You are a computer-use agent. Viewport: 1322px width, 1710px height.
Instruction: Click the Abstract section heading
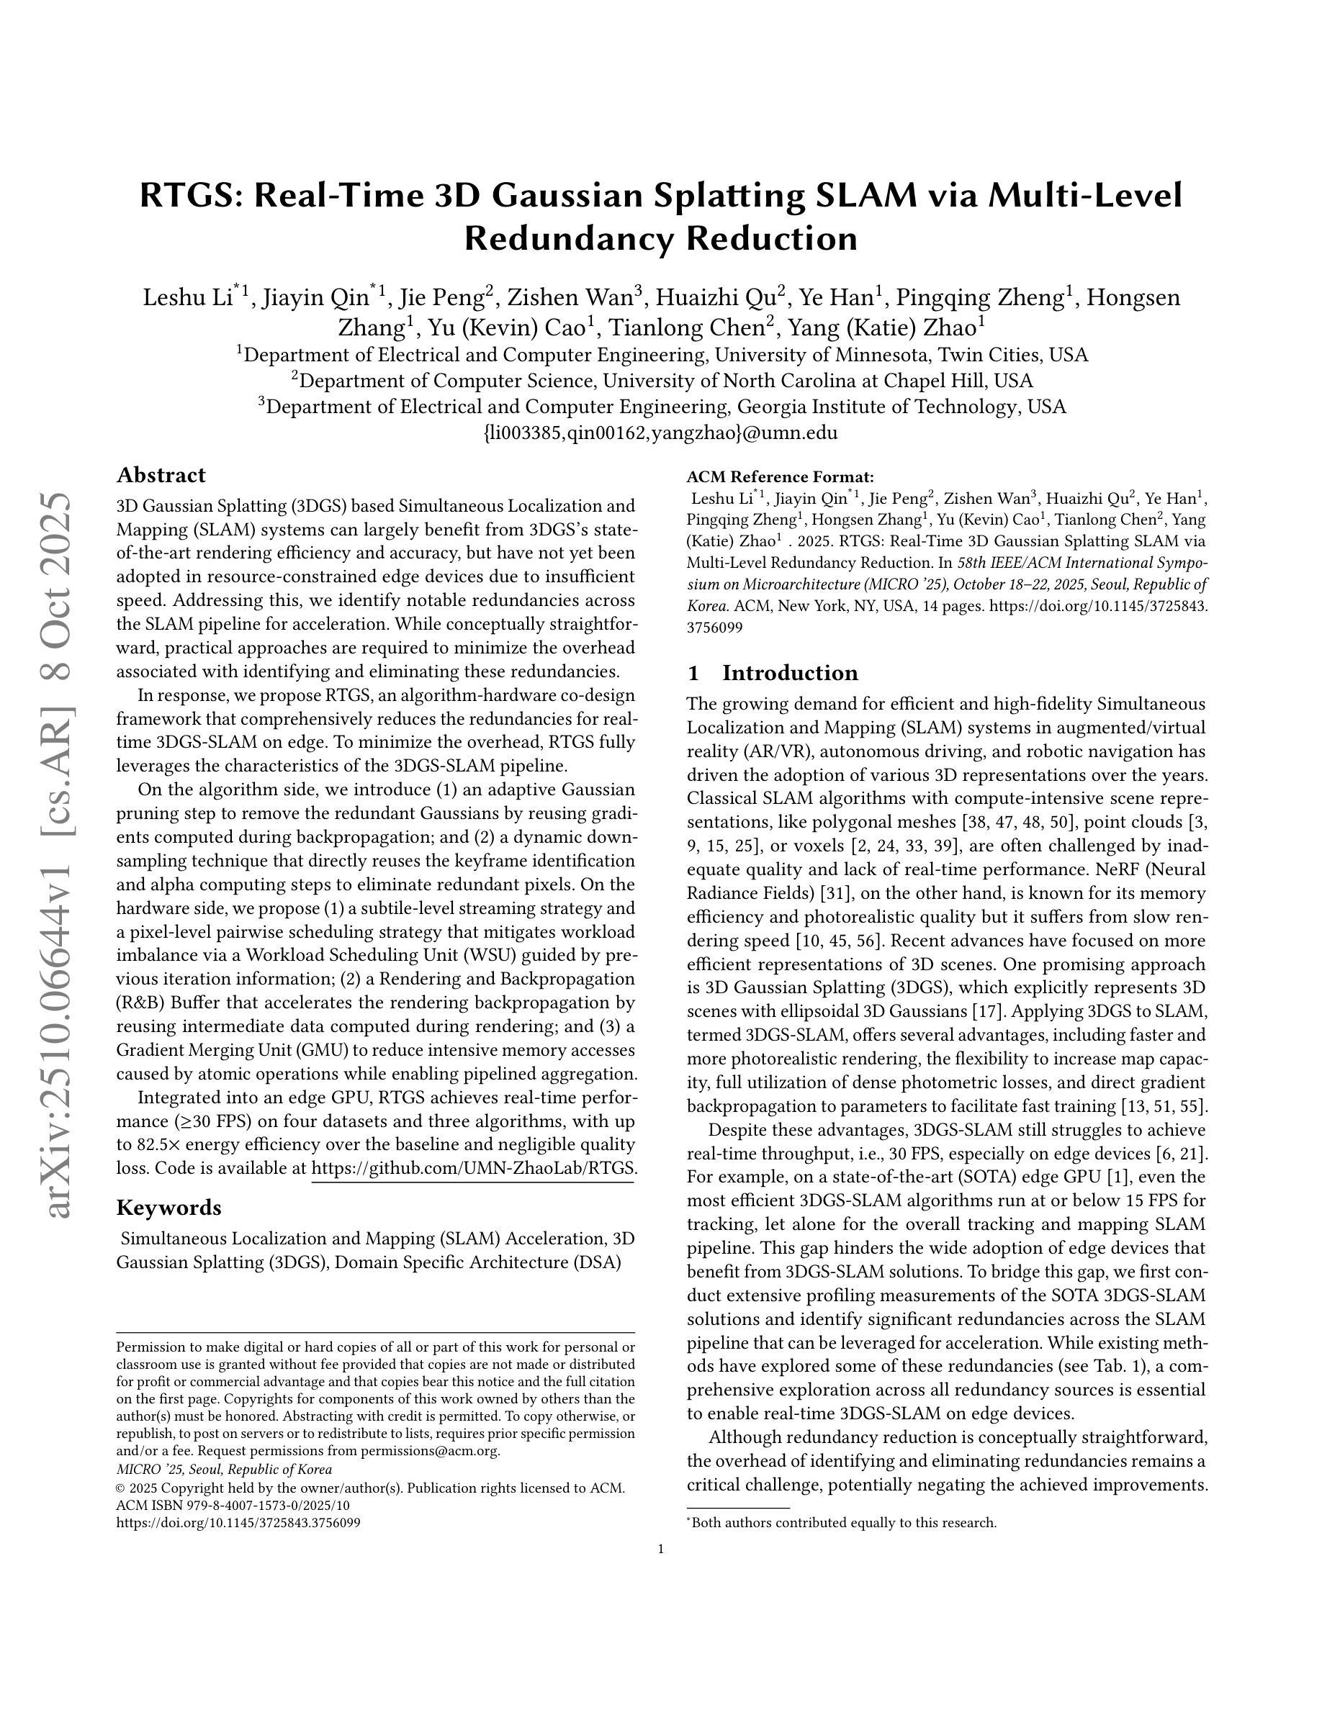(x=161, y=475)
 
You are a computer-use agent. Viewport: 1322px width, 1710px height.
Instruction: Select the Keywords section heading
(x=168, y=1208)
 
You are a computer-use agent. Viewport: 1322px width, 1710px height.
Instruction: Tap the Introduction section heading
(x=789, y=673)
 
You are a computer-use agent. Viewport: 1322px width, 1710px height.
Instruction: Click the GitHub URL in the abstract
(x=473, y=1168)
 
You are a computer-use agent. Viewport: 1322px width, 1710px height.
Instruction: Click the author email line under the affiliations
(x=661, y=433)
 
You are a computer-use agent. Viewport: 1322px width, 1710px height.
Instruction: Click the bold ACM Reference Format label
(x=780, y=477)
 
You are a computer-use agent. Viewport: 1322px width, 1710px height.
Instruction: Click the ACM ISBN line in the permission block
(x=233, y=1505)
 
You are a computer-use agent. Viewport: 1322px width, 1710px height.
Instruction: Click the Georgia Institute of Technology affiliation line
(x=662, y=407)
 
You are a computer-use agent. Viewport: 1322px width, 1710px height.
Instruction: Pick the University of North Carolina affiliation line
(x=662, y=381)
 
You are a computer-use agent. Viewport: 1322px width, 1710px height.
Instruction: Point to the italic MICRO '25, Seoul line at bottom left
(x=224, y=1470)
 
